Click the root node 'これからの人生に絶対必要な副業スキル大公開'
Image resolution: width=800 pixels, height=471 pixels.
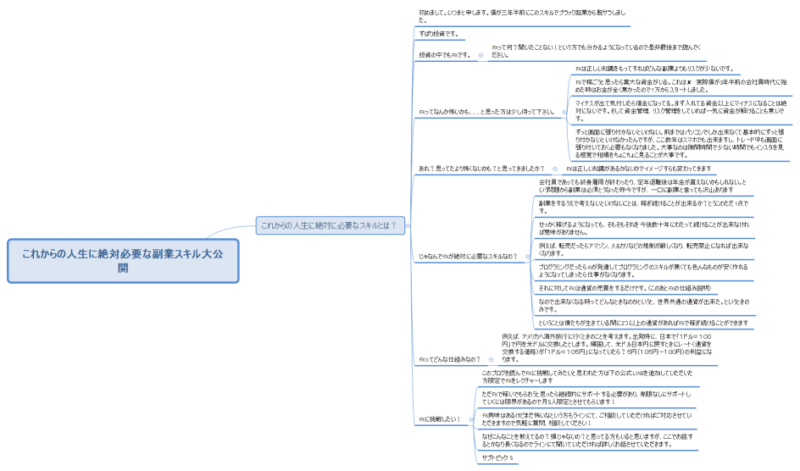point(123,260)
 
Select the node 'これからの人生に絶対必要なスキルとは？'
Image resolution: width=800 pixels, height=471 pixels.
point(328,225)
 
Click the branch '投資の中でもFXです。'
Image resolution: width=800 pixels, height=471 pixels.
point(444,55)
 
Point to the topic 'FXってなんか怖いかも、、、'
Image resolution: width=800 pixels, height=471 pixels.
point(486,111)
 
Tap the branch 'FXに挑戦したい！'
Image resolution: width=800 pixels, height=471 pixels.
point(438,419)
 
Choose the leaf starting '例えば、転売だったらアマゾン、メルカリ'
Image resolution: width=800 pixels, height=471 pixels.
point(643,249)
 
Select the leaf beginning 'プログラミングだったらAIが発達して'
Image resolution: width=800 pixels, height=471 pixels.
point(643,270)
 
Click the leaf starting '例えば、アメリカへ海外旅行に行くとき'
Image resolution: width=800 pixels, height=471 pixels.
point(606,347)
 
